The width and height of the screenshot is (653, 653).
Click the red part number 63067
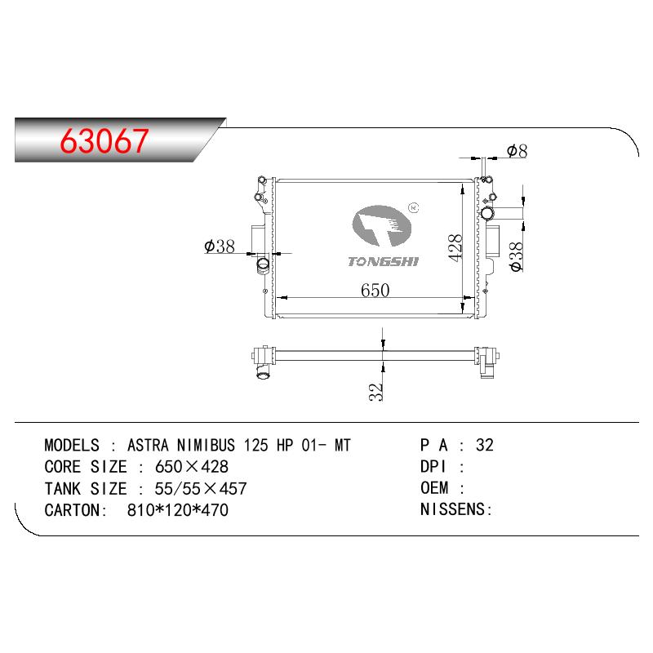pos(104,140)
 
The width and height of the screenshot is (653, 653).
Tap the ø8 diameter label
pos(517,150)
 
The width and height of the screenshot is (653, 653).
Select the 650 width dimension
pos(375,291)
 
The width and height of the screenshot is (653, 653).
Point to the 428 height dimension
pos(455,248)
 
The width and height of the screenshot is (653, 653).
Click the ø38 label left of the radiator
pos(220,247)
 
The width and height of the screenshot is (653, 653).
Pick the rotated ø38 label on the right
pos(516,256)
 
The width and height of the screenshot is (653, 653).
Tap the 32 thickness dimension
pos(375,392)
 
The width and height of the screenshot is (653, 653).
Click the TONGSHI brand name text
pos(383,261)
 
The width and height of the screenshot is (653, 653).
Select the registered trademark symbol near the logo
pos(414,207)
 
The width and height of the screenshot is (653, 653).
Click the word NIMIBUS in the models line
pos(206,445)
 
